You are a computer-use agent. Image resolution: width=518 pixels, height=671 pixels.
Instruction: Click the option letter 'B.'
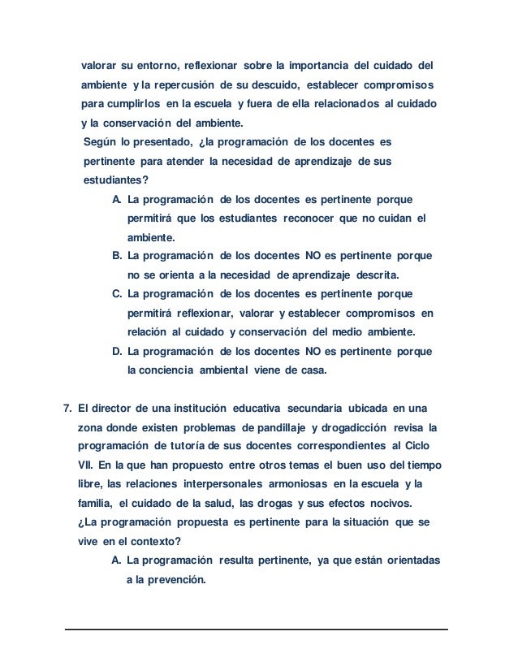coord(117,256)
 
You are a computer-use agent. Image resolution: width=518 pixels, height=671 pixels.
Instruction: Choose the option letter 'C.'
coord(117,293)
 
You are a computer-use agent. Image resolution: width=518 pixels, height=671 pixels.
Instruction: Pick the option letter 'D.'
coord(117,352)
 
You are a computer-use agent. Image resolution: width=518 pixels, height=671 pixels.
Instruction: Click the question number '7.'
coord(68,407)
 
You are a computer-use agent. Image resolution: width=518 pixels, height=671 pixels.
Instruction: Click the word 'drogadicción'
coord(351,426)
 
